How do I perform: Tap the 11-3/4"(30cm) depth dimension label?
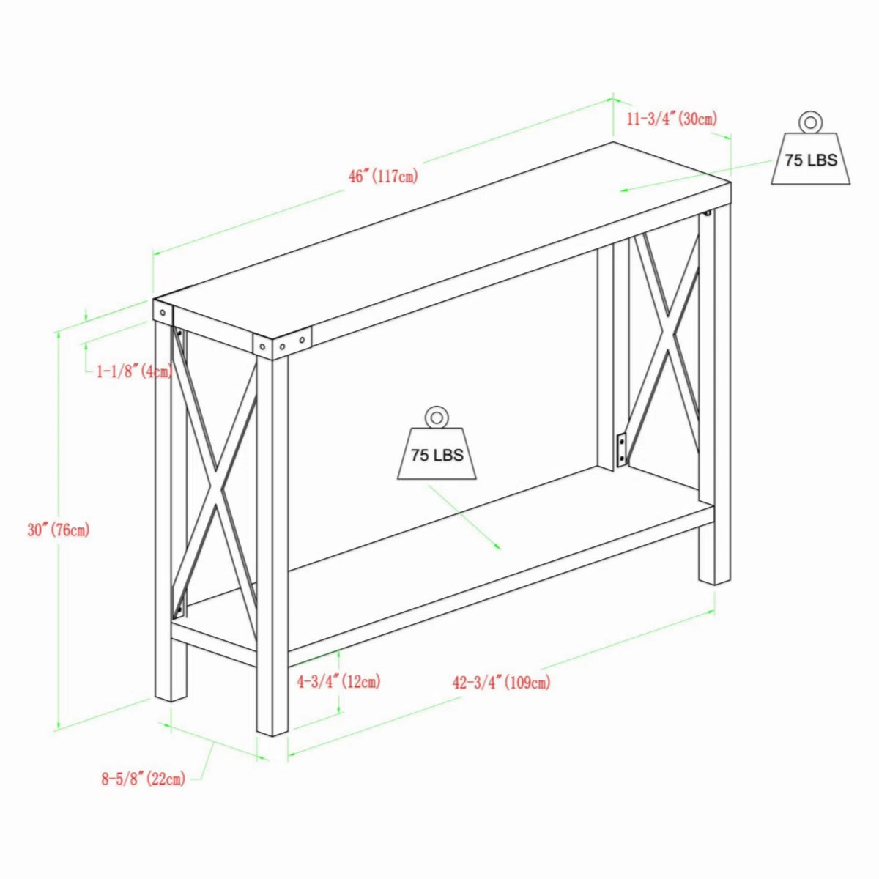point(672,118)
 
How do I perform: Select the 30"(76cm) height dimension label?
point(59,530)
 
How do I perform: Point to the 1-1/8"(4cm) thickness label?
point(134,371)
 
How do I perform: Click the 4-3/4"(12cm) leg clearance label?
point(338,682)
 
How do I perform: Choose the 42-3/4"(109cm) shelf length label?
point(501,683)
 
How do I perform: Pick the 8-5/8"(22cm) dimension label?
point(143,779)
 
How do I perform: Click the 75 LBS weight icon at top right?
point(810,158)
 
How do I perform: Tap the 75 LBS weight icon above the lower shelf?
point(437,453)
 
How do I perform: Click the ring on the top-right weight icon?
point(810,122)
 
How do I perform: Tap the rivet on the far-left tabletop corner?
point(162,313)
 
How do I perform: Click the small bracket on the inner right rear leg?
point(622,449)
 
